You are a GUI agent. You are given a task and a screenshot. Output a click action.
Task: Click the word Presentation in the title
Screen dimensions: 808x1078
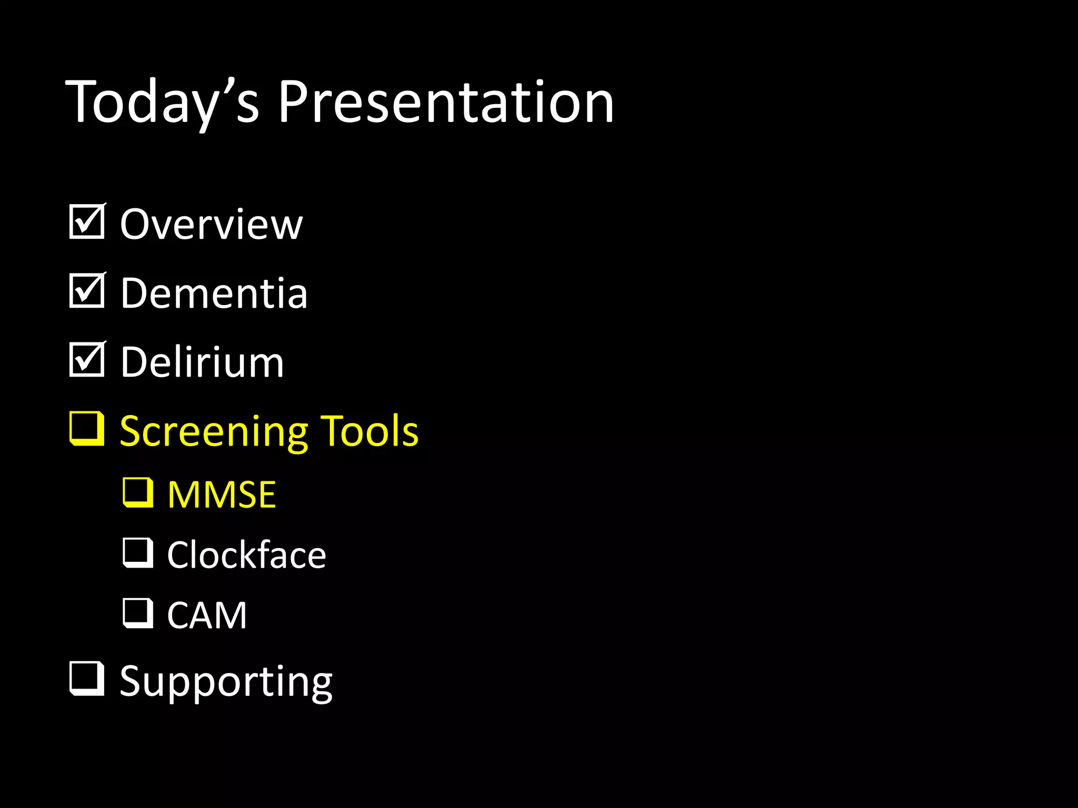coord(445,103)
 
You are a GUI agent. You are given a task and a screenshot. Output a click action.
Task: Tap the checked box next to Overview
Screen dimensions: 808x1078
coord(86,222)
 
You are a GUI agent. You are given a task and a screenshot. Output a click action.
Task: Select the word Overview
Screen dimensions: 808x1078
coord(211,225)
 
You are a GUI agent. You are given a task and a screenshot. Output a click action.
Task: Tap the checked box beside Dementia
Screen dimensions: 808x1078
coord(86,291)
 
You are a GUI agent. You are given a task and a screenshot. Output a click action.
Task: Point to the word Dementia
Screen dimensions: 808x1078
coord(214,294)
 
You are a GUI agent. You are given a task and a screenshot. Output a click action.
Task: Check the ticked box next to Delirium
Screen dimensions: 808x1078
coord(86,360)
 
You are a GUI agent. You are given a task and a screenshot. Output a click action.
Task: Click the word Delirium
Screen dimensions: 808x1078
coord(202,362)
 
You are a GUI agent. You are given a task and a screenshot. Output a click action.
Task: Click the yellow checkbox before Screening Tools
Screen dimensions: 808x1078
coord(86,429)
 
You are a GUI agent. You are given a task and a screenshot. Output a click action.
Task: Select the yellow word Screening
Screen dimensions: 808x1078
coord(214,431)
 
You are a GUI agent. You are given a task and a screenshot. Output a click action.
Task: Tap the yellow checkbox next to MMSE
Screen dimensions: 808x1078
coord(138,493)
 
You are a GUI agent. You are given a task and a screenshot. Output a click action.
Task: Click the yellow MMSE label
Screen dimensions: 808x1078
coord(222,495)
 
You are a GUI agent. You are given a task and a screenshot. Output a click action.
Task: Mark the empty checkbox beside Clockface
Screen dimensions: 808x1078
coord(138,553)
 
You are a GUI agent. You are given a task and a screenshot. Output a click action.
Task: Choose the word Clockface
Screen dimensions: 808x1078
coord(246,555)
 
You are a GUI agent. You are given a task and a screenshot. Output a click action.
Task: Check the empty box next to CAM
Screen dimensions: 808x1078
coord(138,613)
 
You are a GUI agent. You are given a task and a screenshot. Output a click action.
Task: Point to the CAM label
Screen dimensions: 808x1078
coord(207,615)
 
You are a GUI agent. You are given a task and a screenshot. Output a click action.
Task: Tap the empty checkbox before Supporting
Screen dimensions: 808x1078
coord(86,679)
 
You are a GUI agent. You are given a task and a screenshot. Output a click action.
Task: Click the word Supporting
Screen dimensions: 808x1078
coord(226,682)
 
